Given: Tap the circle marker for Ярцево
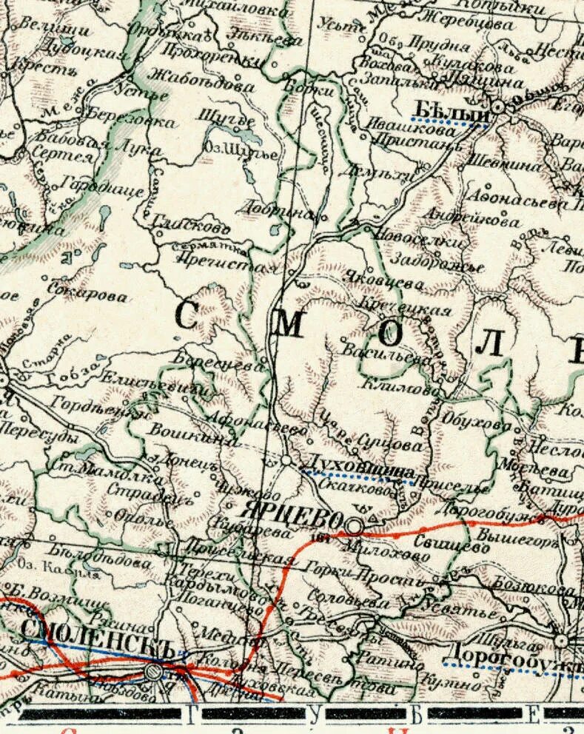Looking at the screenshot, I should [355, 526].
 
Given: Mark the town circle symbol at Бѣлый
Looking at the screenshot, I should [498, 107].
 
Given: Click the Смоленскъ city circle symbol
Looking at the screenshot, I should [153, 672].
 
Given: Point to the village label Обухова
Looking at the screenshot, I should [474, 421].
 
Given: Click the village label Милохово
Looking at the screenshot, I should [386, 548].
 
